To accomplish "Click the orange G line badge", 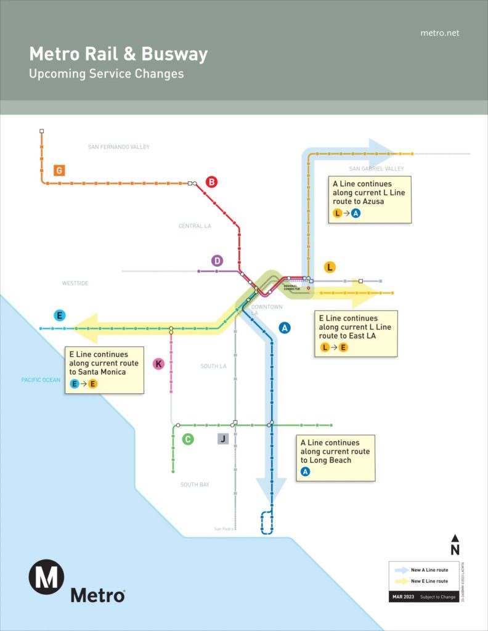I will tap(59, 170).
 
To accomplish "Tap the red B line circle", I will tap(211, 182).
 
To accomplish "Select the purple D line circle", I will tap(217, 261).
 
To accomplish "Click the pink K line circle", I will tap(158, 364).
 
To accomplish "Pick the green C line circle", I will tap(189, 439).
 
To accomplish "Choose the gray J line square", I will tap(223, 439).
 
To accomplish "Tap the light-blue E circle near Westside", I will tap(60, 315).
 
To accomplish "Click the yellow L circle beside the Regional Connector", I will tap(330, 267).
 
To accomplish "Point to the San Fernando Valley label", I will tap(119, 147).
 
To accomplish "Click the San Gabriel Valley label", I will tap(376, 169).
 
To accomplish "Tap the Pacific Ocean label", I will tap(41, 380).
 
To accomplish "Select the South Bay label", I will tap(195, 485).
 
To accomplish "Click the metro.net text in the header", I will tap(439, 33).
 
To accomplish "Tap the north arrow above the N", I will tap(455, 539).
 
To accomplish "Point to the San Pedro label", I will tap(224, 529).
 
